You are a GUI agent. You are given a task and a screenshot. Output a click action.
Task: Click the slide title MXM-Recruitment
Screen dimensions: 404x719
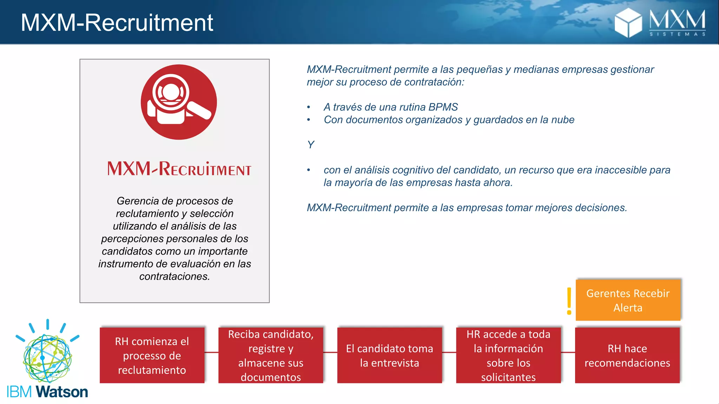[x=117, y=23]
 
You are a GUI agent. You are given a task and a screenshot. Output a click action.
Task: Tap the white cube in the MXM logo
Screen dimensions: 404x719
[x=628, y=23]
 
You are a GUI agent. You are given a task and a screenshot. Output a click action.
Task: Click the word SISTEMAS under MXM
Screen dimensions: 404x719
[x=677, y=34]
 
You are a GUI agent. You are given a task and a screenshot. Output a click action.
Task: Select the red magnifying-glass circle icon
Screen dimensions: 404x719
[x=179, y=102]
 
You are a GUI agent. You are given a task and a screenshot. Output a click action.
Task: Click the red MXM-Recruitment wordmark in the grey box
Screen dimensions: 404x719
[x=179, y=169]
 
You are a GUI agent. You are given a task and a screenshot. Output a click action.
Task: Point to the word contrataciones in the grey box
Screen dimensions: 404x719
[x=174, y=276]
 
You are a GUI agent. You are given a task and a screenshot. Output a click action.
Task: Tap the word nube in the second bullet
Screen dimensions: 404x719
[x=562, y=120]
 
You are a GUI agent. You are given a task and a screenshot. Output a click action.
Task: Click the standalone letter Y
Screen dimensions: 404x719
[x=311, y=144]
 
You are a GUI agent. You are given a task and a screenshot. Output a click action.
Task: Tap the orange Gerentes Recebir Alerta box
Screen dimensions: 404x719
[x=628, y=300]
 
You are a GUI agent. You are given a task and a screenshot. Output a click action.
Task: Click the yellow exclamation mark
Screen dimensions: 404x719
[x=569, y=301]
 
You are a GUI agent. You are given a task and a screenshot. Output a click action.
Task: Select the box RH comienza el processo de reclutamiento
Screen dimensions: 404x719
[x=152, y=355]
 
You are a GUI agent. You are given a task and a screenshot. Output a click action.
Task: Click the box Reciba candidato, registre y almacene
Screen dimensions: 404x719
[x=270, y=355]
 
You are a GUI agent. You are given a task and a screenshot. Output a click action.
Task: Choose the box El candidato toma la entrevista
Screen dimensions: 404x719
[x=389, y=355]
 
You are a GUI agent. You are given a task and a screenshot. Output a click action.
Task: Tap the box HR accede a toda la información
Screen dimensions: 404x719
[x=508, y=355]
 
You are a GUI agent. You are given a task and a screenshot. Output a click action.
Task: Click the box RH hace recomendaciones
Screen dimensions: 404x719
[x=627, y=355]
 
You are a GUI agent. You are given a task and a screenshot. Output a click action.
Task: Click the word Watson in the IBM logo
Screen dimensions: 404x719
[x=62, y=392]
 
